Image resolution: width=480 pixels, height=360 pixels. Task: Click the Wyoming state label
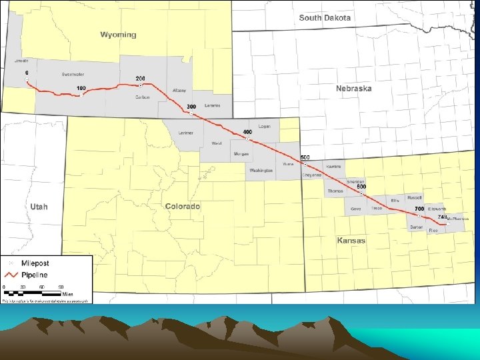coord(118,35)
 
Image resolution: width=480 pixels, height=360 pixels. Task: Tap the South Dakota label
coord(325,18)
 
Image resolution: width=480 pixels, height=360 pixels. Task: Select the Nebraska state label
coord(354,89)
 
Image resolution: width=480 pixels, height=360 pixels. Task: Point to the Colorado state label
coord(183,207)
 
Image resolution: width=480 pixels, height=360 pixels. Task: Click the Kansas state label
coord(351,240)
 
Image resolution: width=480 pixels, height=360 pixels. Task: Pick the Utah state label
coord(39,207)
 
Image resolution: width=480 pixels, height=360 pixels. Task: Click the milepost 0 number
coord(27,72)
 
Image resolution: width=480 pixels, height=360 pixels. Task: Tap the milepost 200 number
coord(140,78)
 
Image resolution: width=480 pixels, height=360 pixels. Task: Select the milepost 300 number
coord(191,107)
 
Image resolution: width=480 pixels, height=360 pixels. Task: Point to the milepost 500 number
coord(305,156)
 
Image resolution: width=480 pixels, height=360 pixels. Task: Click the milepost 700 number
coord(420,209)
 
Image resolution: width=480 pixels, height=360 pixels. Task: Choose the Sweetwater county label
coord(72,74)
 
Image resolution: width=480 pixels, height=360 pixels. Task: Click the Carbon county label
coord(142,97)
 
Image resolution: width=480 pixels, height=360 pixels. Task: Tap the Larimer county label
coord(186,133)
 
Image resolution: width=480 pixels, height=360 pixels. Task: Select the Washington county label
coord(261,171)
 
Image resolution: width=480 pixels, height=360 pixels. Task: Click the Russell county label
coord(415,197)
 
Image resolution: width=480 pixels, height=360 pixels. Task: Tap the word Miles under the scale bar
coord(67,293)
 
